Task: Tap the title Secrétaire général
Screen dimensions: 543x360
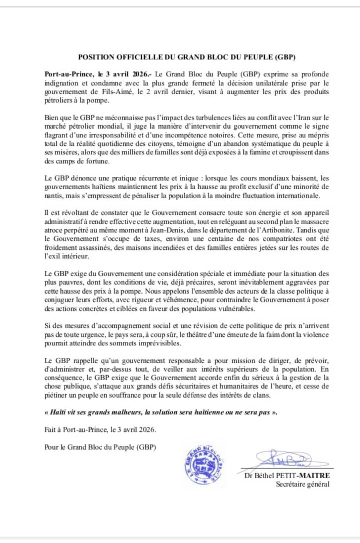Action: tap(303, 484)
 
